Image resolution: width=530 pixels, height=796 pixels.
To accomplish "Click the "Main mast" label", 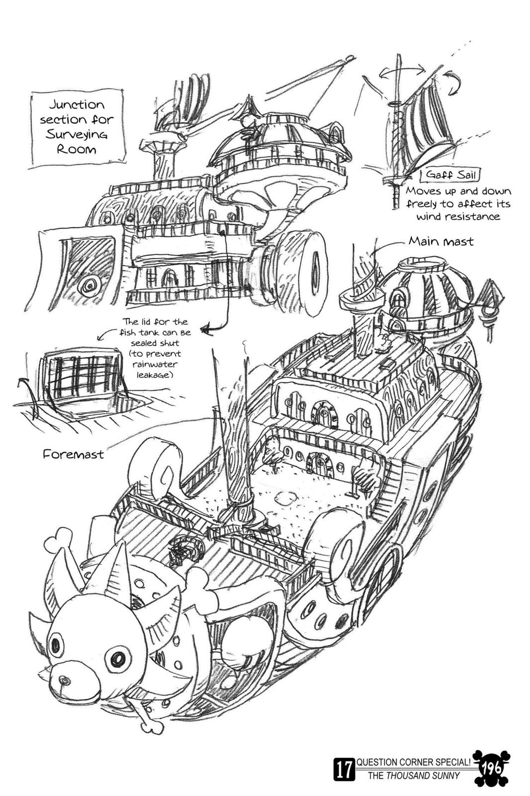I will (441, 242).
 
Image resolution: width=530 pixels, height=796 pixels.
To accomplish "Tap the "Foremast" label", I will (74, 454).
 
